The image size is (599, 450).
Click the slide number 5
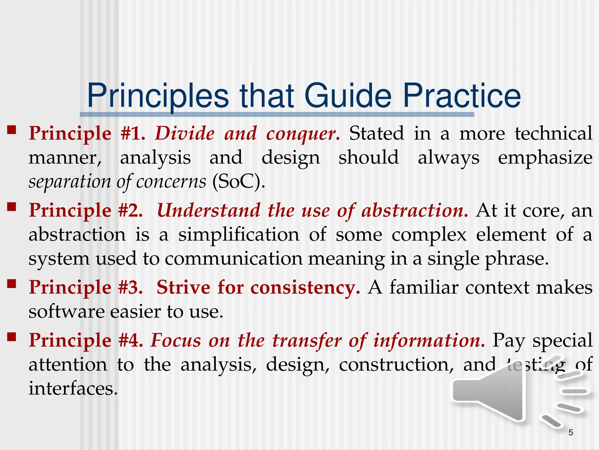click(571, 432)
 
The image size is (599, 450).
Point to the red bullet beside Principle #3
click(12, 284)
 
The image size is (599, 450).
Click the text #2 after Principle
click(130, 210)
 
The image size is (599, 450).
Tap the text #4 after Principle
click(130, 340)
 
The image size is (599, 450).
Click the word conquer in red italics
click(303, 134)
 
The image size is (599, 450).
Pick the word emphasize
click(545, 158)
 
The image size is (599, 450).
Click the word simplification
click(239, 235)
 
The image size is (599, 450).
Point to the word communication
click(233, 259)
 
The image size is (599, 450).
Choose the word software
click(67, 311)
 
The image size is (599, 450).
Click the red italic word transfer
click(307, 340)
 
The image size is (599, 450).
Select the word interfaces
click(73, 389)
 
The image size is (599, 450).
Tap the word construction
click(396, 365)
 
